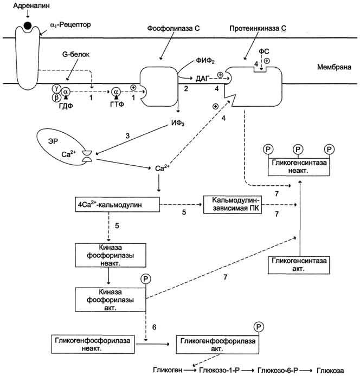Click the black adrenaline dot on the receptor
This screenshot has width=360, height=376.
[x=27, y=25]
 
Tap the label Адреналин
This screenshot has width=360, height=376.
[x=31, y=5]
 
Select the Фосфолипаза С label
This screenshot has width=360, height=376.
[x=173, y=28]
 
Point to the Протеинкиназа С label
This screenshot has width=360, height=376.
[x=258, y=28]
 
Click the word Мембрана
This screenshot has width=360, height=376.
[x=334, y=67]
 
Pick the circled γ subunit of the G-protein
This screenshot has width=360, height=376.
[x=56, y=88]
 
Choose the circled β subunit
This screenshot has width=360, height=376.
[x=56, y=98]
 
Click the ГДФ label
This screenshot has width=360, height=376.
[x=66, y=106]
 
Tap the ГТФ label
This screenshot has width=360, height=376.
[x=117, y=105]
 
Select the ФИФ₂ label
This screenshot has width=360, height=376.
[x=205, y=61]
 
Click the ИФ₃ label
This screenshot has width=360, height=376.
[x=178, y=123]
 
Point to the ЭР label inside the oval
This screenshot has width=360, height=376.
[x=53, y=141]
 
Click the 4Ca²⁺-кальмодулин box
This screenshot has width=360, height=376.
[x=117, y=205]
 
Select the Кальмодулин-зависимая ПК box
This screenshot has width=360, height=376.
[x=233, y=205]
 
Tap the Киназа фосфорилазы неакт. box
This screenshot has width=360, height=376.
[x=111, y=255]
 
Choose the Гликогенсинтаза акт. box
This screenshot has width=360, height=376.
[x=299, y=265]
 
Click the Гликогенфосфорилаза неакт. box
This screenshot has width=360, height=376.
[x=93, y=345]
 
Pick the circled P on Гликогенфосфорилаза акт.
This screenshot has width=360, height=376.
[x=259, y=327]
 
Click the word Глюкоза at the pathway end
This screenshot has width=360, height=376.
[x=330, y=370]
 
